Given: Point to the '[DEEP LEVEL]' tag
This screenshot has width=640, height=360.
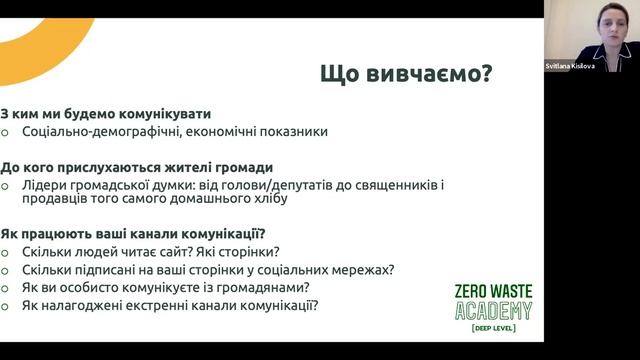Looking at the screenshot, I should coord(493,328).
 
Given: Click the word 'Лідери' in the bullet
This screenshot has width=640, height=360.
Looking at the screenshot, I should coord(42,184).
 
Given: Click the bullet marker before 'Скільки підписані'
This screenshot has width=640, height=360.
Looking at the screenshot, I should coord(8,270).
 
